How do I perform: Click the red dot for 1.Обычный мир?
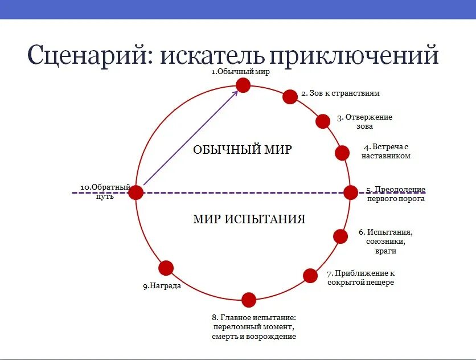pyautogui.click(x=243, y=85)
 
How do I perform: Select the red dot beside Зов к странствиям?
pyautogui.click(x=290, y=97)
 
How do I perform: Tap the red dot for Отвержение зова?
pyautogui.click(x=323, y=121)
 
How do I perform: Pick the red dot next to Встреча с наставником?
pyautogui.click(x=342, y=153)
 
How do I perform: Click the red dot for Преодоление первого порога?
pyautogui.click(x=350, y=193)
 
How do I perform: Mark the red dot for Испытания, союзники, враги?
pyautogui.click(x=340, y=236)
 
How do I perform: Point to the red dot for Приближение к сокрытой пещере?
pyautogui.click(x=310, y=276)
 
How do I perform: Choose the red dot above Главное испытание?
pyautogui.click(x=249, y=300)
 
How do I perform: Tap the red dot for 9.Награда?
pyautogui.click(x=166, y=268)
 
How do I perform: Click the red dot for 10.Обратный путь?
pyautogui.click(x=136, y=193)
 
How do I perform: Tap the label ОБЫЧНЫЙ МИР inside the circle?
pyautogui.click(x=243, y=150)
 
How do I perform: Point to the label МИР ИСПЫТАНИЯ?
pyautogui.click(x=249, y=219)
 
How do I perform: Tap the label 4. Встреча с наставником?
pyautogui.click(x=385, y=152)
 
